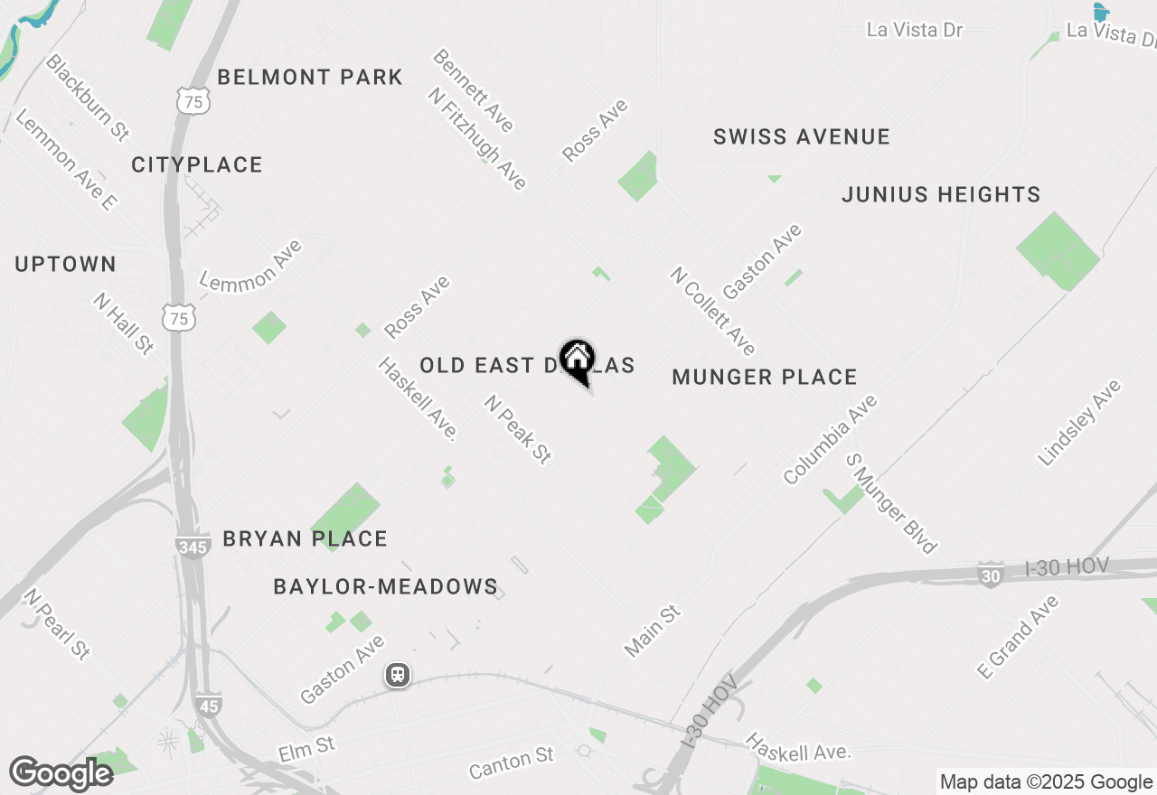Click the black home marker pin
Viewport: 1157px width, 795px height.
(x=578, y=360)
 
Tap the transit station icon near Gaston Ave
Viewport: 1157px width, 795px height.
(x=397, y=675)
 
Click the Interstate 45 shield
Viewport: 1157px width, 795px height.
(x=208, y=705)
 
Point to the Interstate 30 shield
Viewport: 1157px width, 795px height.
(x=991, y=574)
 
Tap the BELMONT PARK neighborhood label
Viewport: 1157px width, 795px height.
(x=310, y=77)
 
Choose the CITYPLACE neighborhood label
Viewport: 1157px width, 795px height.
(x=197, y=164)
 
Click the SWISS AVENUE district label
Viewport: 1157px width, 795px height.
(x=802, y=136)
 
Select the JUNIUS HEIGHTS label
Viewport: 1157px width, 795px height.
(x=941, y=194)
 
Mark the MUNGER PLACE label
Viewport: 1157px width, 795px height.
(x=765, y=377)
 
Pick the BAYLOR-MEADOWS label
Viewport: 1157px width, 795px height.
(x=386, y=586)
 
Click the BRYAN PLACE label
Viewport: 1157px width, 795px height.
(x=306, y=538)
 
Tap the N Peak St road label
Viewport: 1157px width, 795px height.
(x=518, y=430)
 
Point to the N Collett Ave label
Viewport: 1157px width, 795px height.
(x=713, y=311)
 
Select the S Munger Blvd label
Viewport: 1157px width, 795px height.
(x=891, y=503)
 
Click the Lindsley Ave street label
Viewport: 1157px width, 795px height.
(x=1079, y=423)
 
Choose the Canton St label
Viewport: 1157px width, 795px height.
(x=511, y=762)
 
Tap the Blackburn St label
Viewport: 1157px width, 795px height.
(x=88, y=97)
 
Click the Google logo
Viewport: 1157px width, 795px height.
(x=61, y=773)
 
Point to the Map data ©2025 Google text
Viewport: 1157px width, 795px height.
(x=1046, y=782)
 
